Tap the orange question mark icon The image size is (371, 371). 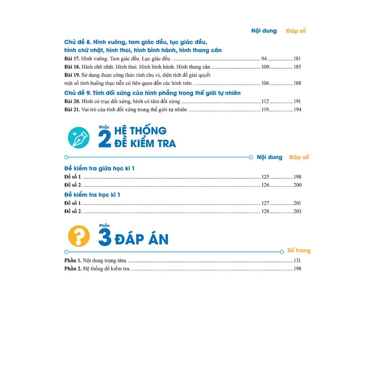click(78, 236)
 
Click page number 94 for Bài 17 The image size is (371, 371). click(264, 58)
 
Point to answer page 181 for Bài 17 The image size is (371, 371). click(297, 58)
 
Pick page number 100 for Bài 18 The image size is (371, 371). click(265, 67)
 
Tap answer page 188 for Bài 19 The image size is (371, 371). click(297, 83)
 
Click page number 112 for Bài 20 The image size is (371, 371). click(265, 101)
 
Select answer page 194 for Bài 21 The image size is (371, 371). click(297, 109)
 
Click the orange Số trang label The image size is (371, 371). click(299, 250)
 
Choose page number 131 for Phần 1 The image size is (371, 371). click(297, 260)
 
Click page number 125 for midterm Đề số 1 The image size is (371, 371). click(265, 177)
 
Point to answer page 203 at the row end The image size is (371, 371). click(297, 211)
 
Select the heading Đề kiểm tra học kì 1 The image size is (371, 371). click(92, 195)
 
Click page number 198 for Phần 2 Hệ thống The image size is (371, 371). click(297, 268)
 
